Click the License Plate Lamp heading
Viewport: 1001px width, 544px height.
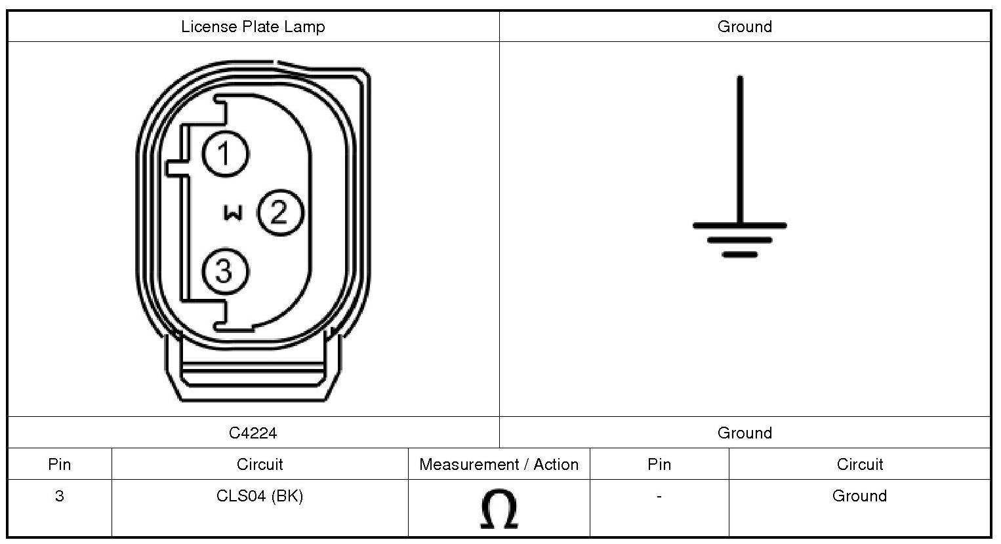[253, 26]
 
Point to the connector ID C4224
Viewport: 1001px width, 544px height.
[253, 433]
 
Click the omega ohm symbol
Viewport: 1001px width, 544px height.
[499, 509]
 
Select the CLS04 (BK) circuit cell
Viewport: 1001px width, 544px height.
[260, 495]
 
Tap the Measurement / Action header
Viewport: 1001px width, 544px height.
[499, 465]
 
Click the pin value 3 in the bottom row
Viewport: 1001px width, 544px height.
[60, 495]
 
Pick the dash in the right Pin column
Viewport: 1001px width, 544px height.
[659, 495]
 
